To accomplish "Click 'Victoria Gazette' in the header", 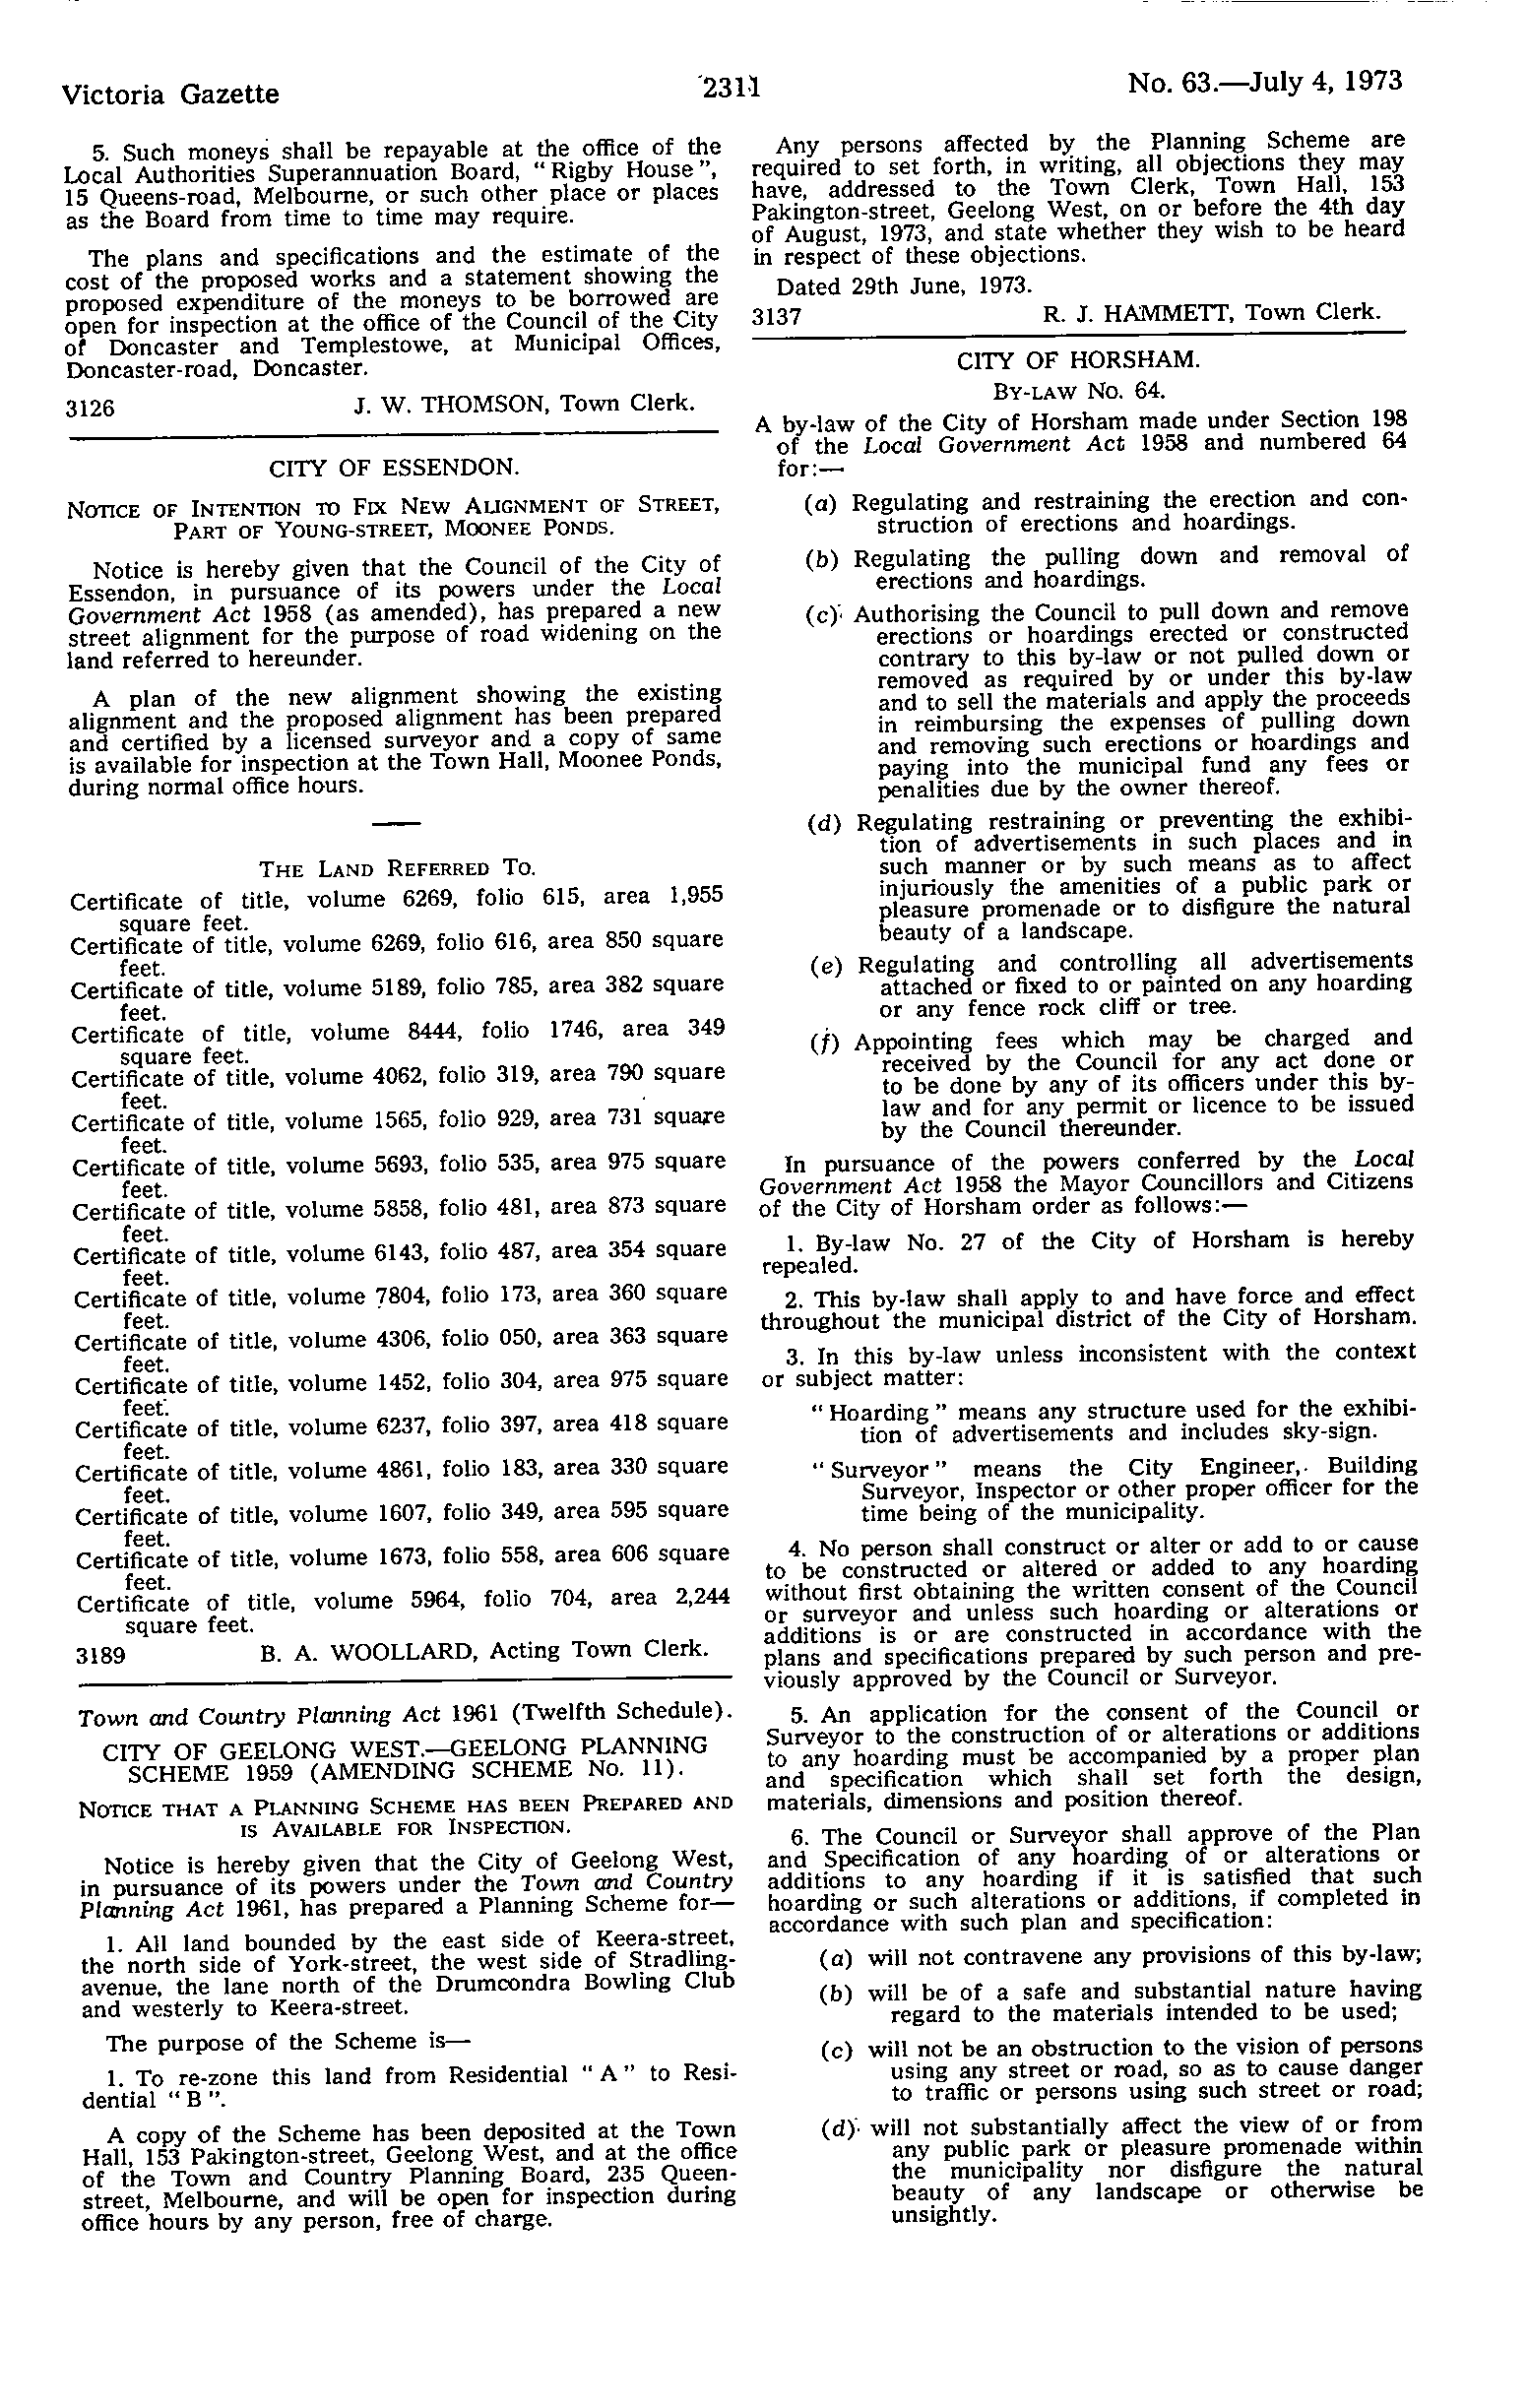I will [170, 94].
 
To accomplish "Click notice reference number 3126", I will [90, 407].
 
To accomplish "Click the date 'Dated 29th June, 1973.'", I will [904, 285].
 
